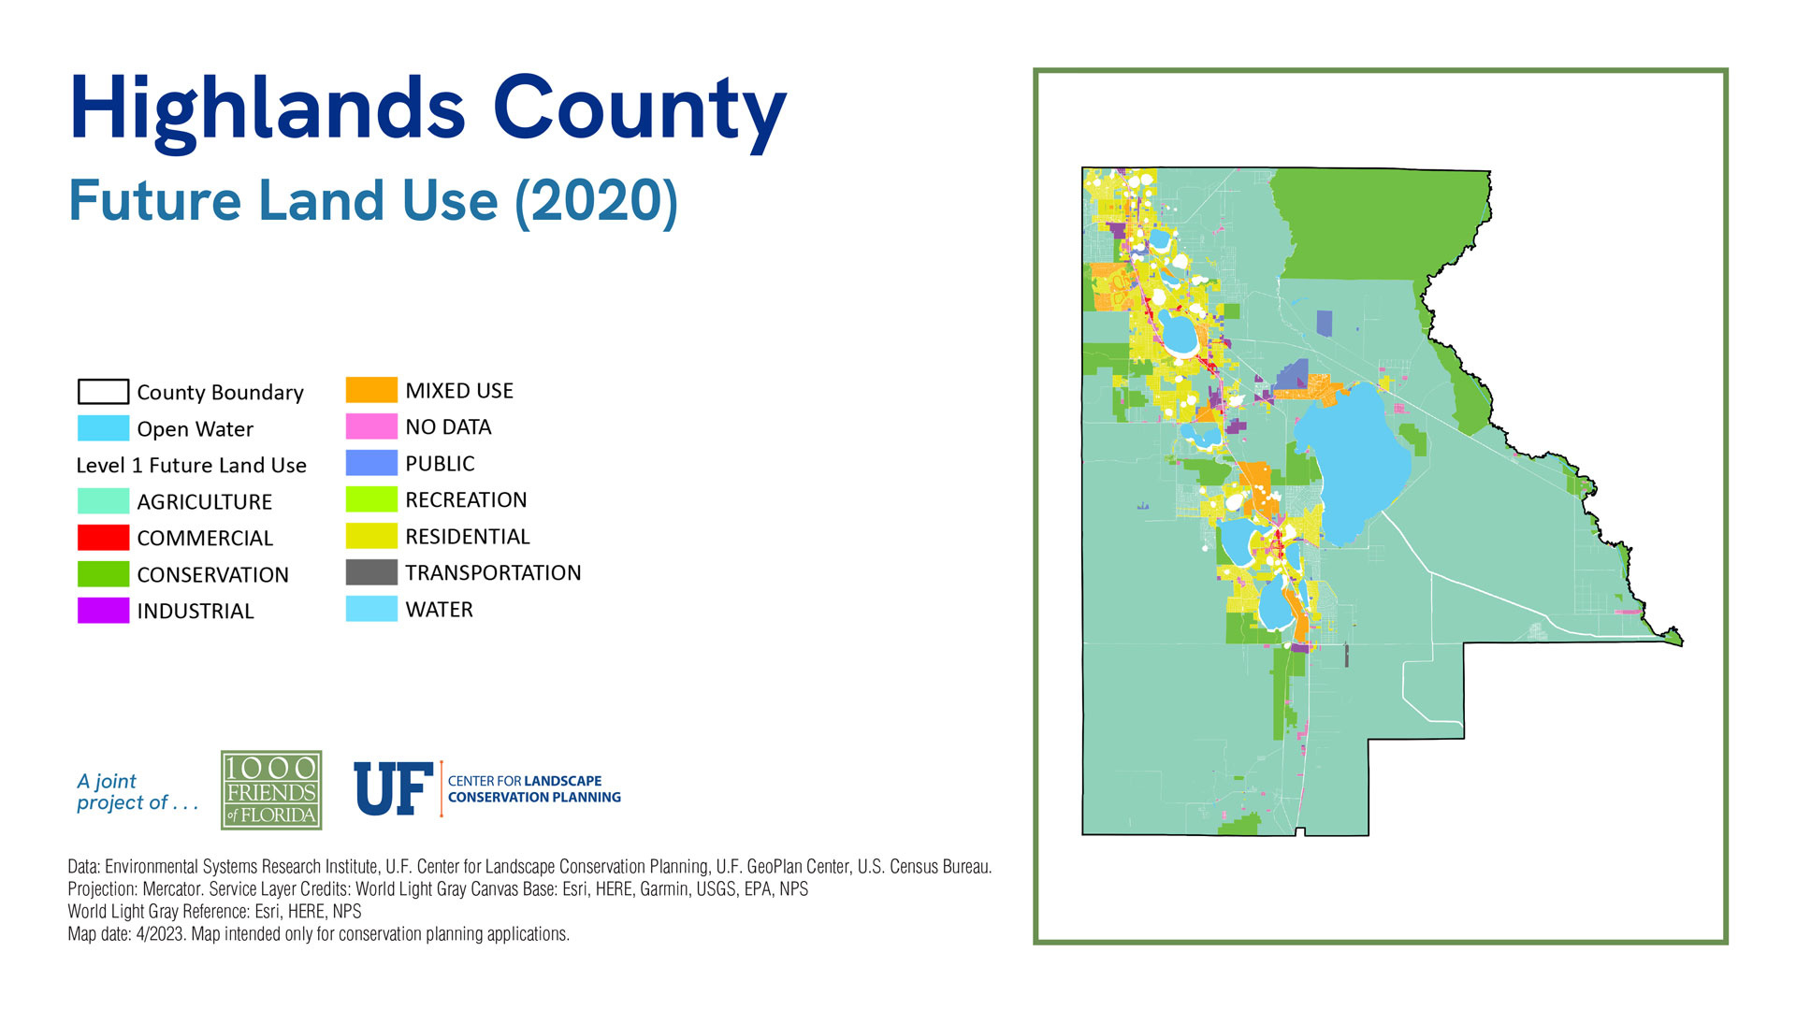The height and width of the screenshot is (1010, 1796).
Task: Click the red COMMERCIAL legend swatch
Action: (103, 538)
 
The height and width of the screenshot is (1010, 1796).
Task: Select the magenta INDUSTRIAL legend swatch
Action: (103, 611)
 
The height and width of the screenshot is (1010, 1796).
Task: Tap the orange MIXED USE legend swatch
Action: (371, 390)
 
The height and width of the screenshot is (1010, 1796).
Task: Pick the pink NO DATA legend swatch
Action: (371, 426)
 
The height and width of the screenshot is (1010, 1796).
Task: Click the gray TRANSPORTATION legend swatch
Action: (371, 572)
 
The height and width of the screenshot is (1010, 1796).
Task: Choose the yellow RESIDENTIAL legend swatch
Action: (371, 536)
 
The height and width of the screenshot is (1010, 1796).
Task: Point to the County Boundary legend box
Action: (103, 391)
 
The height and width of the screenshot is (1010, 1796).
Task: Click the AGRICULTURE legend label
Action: (204, 502)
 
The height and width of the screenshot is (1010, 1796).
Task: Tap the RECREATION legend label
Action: (466, 500)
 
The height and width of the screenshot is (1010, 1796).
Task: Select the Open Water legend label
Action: (195, 429)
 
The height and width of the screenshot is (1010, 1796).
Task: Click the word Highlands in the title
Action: (268, 110)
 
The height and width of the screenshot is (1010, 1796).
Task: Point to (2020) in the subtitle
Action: (597, 202)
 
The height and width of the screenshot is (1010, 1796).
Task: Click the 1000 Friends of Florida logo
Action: (271, 790)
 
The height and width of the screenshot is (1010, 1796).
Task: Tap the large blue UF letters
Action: (393, 788)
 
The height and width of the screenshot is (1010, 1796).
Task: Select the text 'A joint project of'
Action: (138, 792)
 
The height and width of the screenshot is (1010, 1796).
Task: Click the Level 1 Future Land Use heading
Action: (191, 466)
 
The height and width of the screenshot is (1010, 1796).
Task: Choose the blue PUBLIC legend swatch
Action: (371, 463)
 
